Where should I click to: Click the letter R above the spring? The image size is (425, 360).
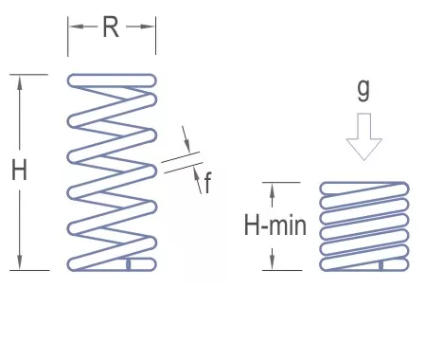[111, 27]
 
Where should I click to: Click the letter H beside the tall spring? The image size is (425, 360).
[19, 170]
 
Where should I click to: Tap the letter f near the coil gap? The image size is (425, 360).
[207, 183]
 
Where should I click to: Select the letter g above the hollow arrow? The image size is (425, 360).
[363, 90]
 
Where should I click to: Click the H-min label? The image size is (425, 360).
[275, 225]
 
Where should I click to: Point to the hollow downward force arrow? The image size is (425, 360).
[364, 136]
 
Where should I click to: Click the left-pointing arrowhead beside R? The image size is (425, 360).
[77, 27]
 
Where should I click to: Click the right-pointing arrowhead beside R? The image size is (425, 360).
[147, 27]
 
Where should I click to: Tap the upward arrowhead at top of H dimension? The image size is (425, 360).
[20, 83]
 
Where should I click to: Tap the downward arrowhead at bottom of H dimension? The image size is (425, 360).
[20, 261]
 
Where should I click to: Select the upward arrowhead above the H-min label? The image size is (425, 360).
[273, 190]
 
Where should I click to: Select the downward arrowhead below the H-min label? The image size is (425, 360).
[273, 262]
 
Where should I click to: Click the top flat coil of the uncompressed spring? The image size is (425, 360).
[112, 81]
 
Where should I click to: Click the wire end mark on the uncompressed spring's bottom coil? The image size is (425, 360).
[129, 264]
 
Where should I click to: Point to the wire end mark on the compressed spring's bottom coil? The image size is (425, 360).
[381, 265]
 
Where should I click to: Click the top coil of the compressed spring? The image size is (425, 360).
[364, 189]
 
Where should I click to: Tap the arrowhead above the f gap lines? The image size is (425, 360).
[186, 144]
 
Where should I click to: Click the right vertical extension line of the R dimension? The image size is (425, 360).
[155, 35]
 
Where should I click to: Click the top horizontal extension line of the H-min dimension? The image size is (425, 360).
[281, 182]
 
